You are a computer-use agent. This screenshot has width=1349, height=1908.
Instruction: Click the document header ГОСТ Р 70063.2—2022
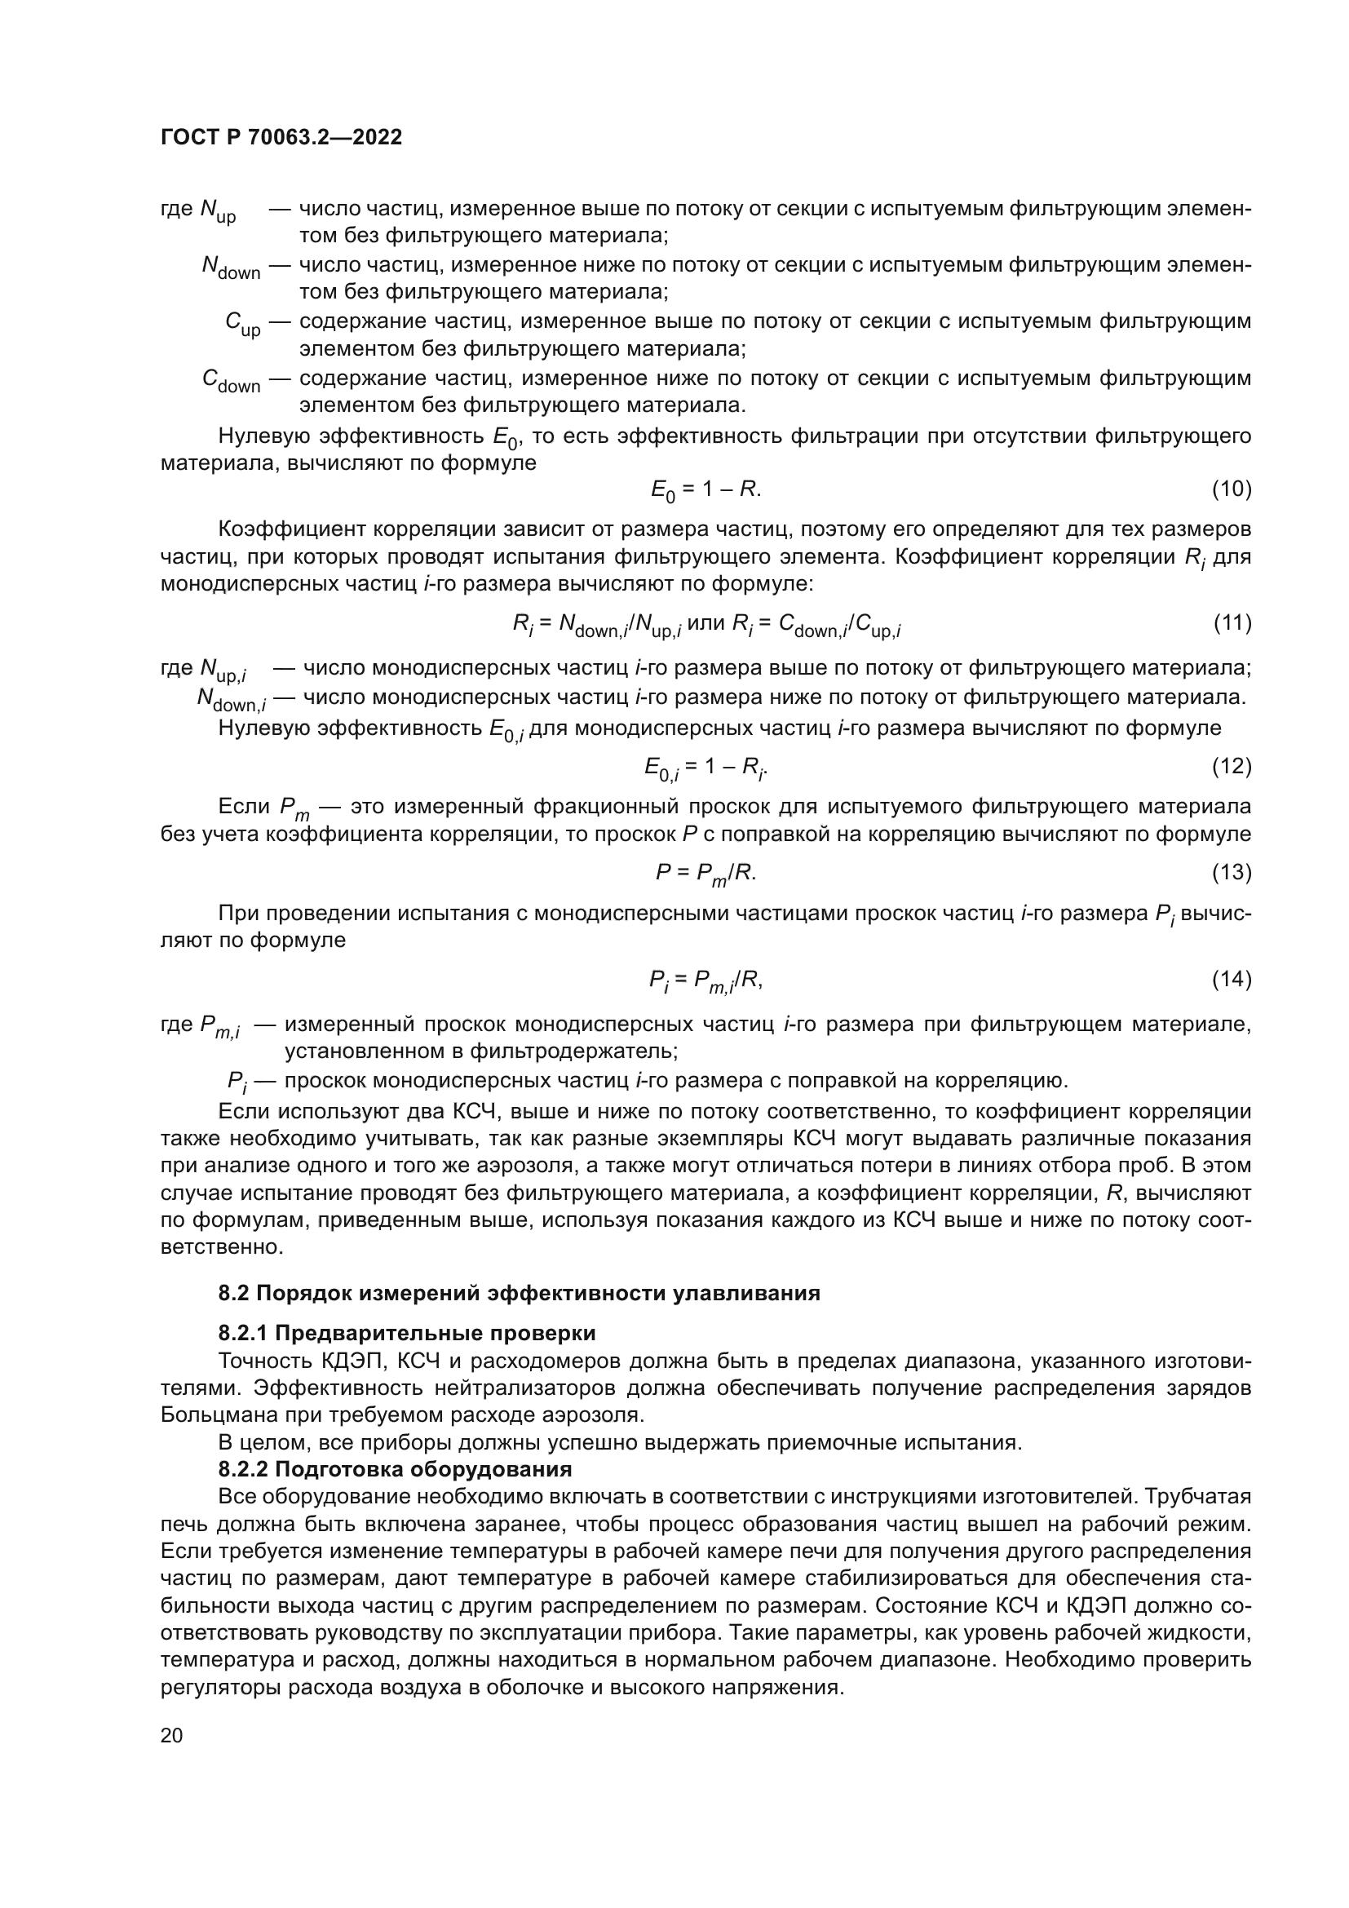pos(281,137)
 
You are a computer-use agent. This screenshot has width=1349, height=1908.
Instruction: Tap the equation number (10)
pos(1231,489)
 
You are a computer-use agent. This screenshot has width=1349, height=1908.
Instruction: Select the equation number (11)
pos(1231,622)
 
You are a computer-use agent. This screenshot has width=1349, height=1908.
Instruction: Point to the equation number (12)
pos(1231,765)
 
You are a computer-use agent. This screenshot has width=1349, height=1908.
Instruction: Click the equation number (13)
pos(1231,872)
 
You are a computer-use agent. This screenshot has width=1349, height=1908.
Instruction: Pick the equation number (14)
pos(1231,979)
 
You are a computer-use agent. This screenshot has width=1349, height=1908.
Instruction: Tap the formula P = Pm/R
pos(706,873)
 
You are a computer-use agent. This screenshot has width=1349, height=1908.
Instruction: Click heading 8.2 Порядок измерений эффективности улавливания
pos(519,1293)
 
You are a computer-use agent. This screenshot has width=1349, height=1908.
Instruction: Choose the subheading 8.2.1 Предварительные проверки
pos(406,1333)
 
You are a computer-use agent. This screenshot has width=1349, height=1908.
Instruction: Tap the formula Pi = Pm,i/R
pos(706,981)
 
